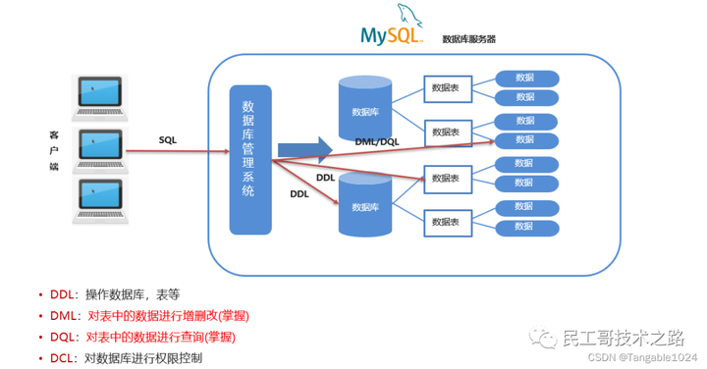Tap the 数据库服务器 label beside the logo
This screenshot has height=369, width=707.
pyautogui.click(x=468, y=39)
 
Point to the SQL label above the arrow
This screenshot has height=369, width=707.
pyautogui.click(x=169, y=139)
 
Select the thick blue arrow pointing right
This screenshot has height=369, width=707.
pyautogui.click(x=300, y=149)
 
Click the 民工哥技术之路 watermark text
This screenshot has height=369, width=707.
pyautogui.click(x=621, y=338)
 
